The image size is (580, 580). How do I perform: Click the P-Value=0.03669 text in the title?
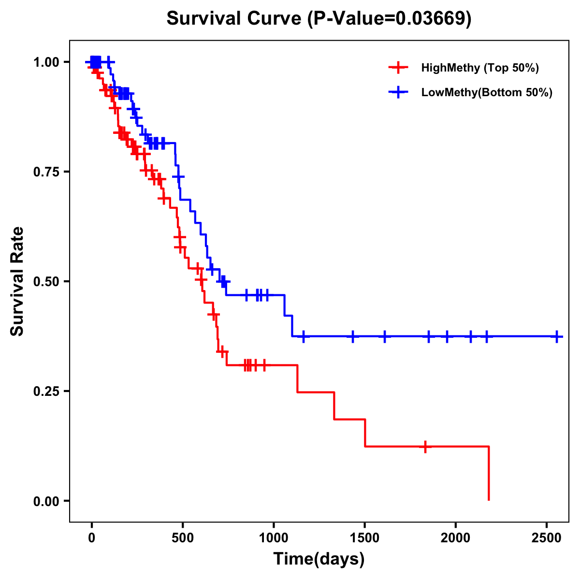[x=390, y=18]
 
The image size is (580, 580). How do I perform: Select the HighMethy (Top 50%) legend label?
[x=479, y=68]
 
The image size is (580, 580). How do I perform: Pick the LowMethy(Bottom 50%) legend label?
[x=487, y=93]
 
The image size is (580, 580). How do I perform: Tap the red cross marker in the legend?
[x=398, y=68]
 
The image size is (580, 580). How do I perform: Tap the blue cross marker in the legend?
[x=398, y=93]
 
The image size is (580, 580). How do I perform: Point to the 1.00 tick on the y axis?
[x=46, y=62]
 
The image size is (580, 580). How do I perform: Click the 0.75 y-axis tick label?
[x=46, y=172]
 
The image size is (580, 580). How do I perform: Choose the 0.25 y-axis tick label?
[x=46, y=391]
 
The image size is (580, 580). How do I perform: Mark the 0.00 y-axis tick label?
[x=46, y=501]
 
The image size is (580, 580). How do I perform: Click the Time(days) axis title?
[x=319, y=559]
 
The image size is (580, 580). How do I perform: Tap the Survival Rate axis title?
[x=17, y=281]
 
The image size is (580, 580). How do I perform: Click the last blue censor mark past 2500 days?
[x=557, y=336]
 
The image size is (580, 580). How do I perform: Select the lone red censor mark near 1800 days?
[x=425, y=447]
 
